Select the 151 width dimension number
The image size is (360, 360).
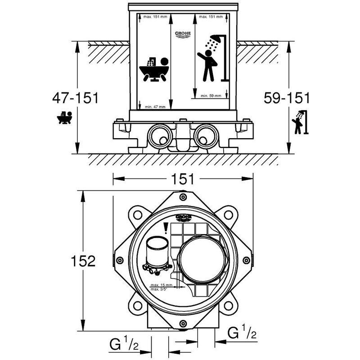click(x=182, y=179)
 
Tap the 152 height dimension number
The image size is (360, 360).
click(x=84, y=261)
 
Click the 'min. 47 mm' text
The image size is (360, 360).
click(x=155, y=107)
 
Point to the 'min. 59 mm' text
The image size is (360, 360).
click(x=211, y=96)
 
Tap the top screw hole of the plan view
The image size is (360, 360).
click(x=182, y=197)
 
